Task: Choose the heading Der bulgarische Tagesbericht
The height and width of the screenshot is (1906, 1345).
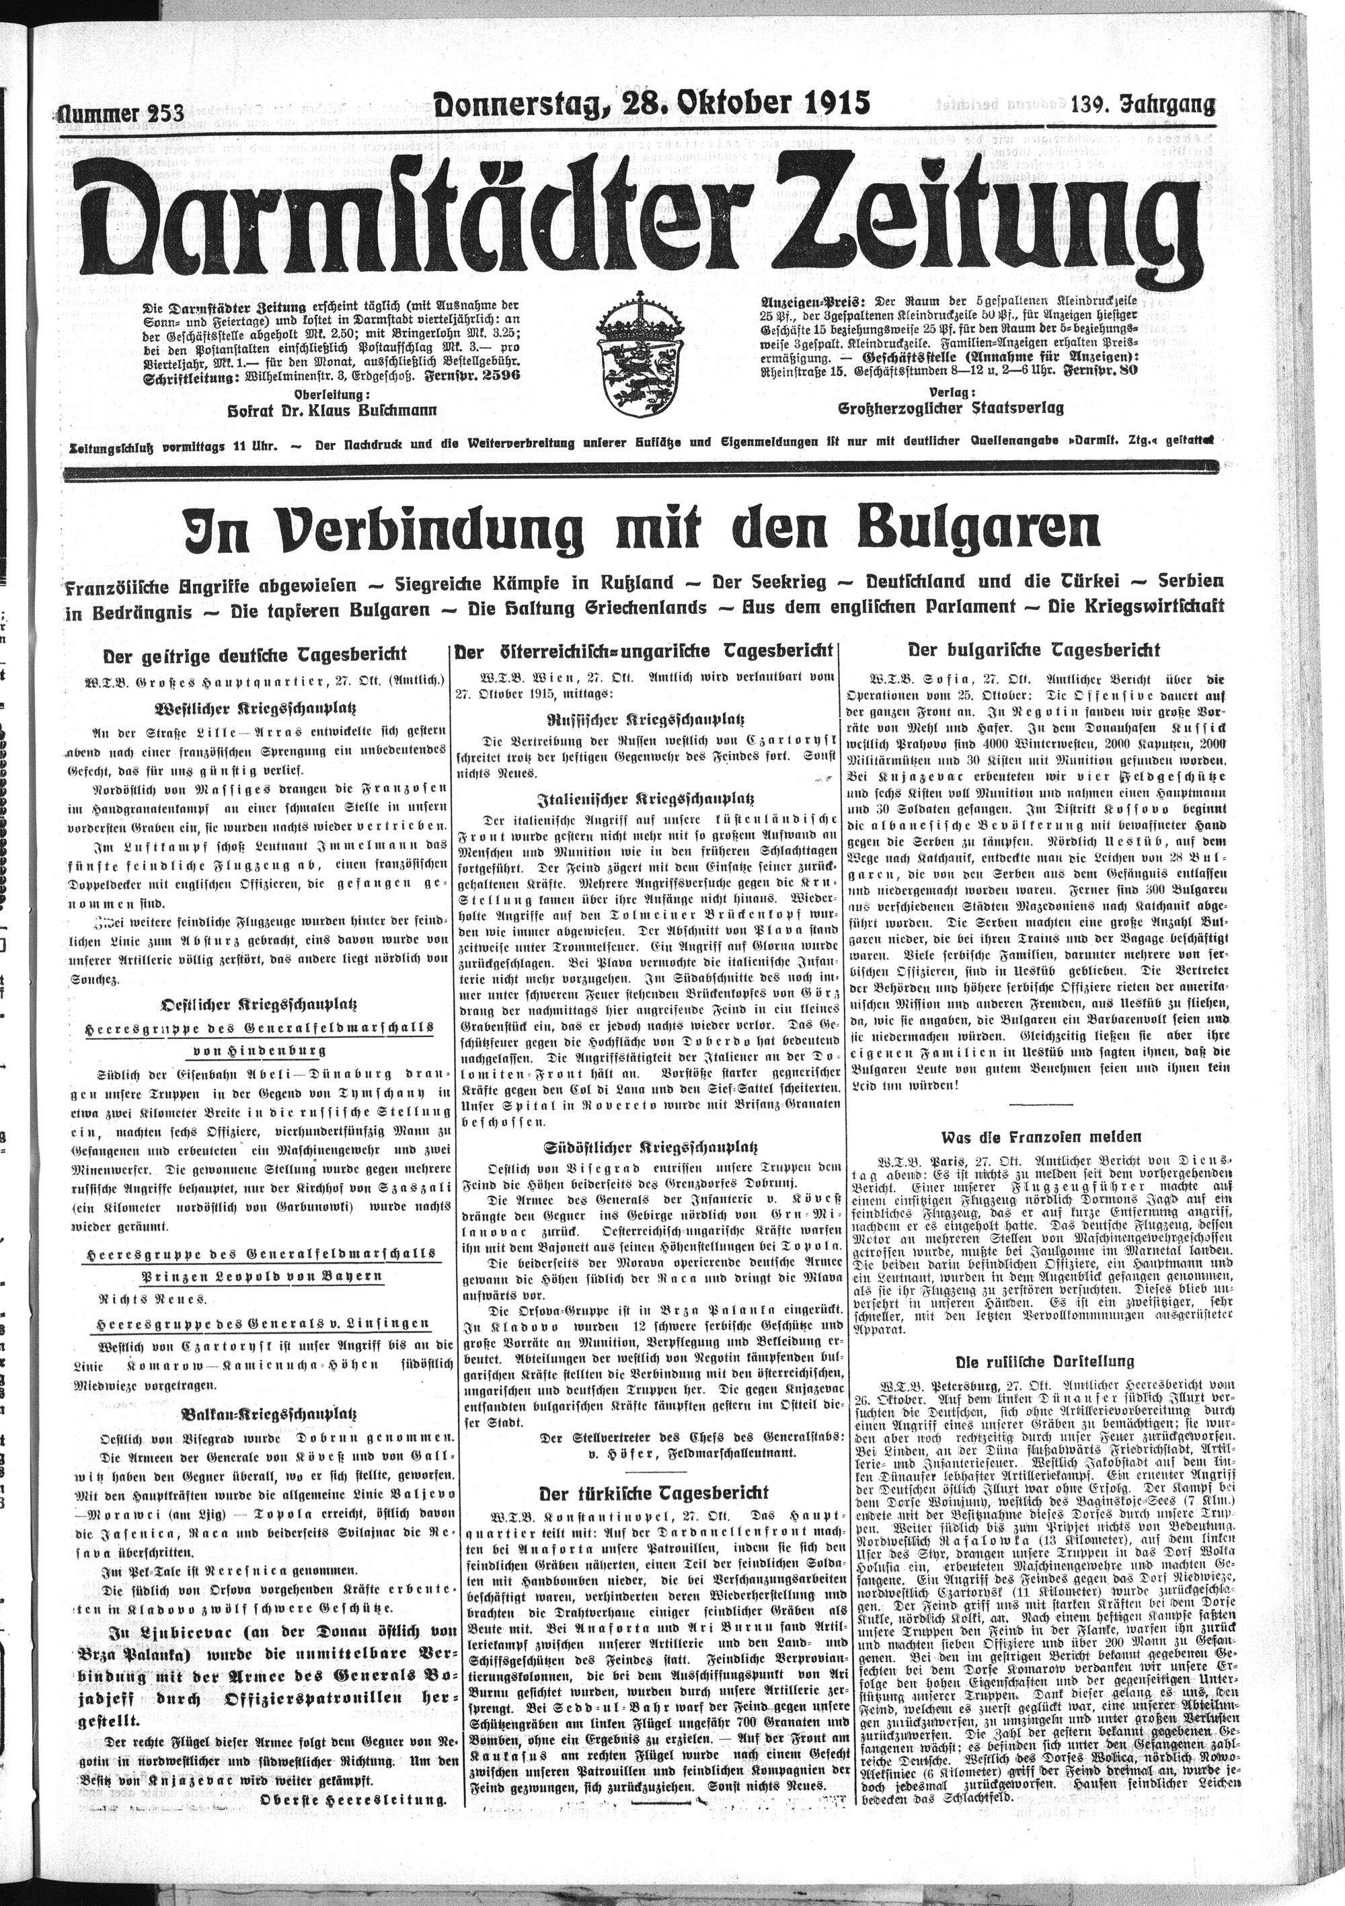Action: click(1034, 650)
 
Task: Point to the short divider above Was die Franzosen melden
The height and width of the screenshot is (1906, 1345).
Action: click(1036, 1103)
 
